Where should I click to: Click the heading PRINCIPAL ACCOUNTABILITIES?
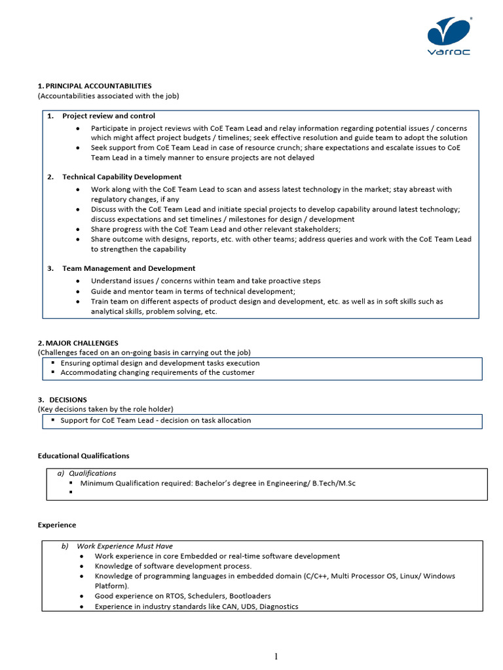tap(98, 86)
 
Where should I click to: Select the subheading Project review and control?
tap(109, 116)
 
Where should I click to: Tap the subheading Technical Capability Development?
tap(122, 177)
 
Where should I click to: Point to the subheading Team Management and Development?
tap(128, 268)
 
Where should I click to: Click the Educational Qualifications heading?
tap(83, 455)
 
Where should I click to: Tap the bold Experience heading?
tap(56, 525)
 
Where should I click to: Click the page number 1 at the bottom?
tap(276, 657)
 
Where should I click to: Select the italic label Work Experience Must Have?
tap(124, 546)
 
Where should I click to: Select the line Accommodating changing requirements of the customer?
tap(157, 372)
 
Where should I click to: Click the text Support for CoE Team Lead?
tap(109, 420)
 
